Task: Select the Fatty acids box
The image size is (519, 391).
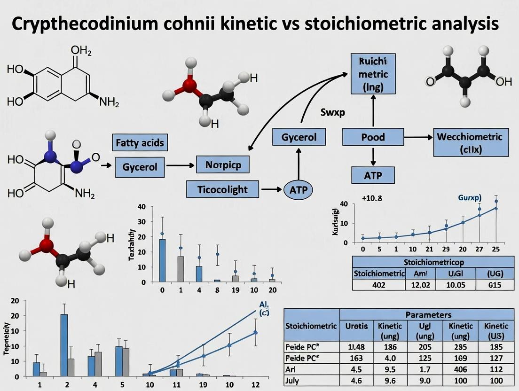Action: click(140, 142)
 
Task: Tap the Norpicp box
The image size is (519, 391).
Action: click(220, 165)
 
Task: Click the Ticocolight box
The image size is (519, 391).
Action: click(223, 189)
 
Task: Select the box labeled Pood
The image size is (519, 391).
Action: click(373, 137)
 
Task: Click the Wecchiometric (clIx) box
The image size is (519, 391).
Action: click(470, 143)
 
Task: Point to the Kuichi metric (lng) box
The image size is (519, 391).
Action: click(373, 74)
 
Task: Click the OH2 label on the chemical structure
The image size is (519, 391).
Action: click(81, 50)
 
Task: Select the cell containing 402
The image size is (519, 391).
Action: click(379, 284)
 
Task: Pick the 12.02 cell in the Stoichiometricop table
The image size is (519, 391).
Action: click(421, 284)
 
